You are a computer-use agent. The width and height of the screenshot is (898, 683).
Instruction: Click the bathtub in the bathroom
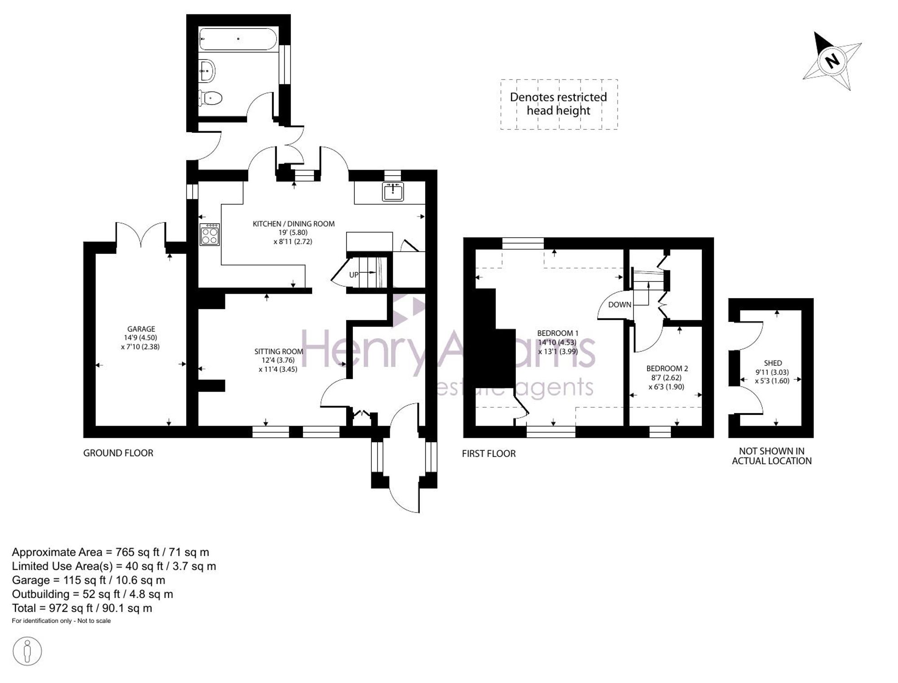238,39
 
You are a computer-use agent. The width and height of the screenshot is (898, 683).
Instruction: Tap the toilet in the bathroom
211,97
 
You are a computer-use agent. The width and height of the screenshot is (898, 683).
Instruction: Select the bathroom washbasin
207,71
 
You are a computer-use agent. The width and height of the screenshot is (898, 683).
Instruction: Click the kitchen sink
393,191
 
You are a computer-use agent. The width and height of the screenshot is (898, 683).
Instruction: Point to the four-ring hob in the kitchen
210,235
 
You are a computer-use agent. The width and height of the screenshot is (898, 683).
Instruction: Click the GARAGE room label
141,329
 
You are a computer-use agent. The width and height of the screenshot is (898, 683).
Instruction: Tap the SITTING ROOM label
279,352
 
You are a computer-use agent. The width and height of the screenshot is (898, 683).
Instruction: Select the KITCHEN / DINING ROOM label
294,224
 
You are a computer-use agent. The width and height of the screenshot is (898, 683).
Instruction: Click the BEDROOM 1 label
558,333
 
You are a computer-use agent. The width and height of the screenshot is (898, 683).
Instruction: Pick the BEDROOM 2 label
667,369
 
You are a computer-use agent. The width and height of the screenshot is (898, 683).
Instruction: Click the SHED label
773,363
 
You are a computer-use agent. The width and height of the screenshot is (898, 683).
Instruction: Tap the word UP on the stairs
354,275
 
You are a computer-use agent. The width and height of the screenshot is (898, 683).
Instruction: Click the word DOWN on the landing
620,304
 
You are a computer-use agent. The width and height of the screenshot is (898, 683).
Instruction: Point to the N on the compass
833,61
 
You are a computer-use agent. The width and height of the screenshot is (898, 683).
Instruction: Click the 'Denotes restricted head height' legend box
559,104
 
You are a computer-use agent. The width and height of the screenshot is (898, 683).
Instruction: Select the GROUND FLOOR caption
118,453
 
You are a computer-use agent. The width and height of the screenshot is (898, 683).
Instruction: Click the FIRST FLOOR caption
489,454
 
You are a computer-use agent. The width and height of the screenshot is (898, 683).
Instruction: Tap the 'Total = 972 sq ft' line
82,608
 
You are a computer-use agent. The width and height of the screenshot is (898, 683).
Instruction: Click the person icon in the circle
27,651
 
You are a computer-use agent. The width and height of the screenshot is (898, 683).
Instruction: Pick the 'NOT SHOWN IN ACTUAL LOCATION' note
772,456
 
